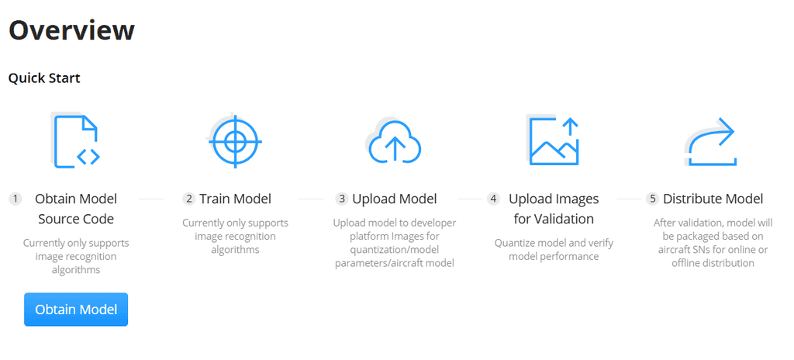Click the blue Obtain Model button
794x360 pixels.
(x=76, y=310)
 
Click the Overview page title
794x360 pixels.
(x=71, y=30)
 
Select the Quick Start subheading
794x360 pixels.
(x=44, y=78)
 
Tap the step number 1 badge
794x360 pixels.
(x=16, y=199)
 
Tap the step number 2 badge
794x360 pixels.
(x=188, y=199)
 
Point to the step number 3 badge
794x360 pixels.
(x=341, y=199)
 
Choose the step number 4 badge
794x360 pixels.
(x=494, y=199)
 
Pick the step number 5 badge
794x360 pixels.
(x=652, y=199)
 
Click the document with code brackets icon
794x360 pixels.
(x=78, y=140)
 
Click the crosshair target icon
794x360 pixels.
(x=236, y=141)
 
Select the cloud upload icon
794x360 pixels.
(x=394, y=141)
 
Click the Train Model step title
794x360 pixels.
(x=235, y=199)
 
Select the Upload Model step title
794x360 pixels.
(x=395, y=199)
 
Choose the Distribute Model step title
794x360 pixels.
(x=713, y=199)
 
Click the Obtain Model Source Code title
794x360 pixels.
(x=76, y=209)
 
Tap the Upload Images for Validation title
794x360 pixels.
(x=554, y=209)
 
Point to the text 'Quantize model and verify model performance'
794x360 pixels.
(x=554, y=249)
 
